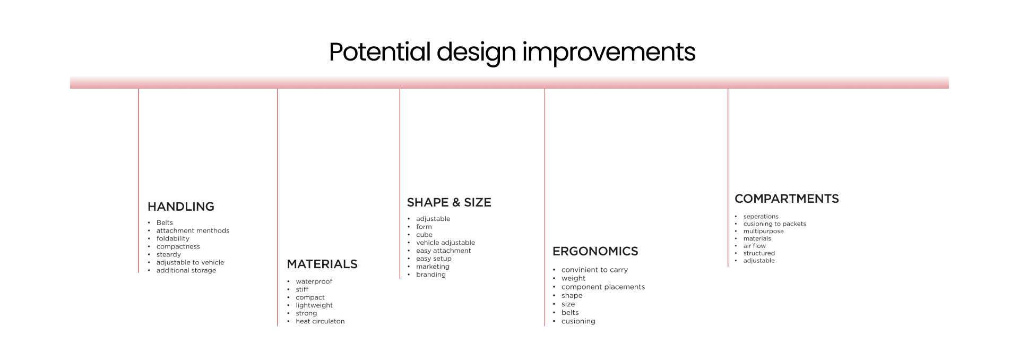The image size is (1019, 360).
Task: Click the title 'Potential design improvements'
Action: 512,53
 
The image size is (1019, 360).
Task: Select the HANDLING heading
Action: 181,207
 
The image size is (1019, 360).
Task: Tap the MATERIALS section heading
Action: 322,264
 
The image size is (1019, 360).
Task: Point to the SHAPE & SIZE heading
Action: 449,202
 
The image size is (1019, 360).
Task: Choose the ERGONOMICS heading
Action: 595,251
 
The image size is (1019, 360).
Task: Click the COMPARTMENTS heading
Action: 787,199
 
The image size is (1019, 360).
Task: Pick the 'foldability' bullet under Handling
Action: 172,238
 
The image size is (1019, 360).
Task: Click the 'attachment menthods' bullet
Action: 193,230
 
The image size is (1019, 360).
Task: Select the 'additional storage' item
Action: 186,270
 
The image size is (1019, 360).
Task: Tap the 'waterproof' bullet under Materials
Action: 314,281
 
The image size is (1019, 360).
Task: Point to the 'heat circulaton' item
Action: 320,321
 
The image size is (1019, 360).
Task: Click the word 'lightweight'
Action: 314,305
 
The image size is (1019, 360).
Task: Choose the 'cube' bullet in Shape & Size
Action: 424,235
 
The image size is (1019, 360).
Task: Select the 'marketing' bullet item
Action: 433,267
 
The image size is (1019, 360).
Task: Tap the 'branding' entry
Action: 431,275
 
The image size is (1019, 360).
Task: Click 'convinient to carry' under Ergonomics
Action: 594,270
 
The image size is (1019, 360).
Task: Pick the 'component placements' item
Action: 603,287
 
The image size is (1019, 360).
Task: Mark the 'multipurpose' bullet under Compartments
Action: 763,231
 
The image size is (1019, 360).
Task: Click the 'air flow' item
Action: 754,246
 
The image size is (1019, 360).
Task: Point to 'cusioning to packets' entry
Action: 774,224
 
